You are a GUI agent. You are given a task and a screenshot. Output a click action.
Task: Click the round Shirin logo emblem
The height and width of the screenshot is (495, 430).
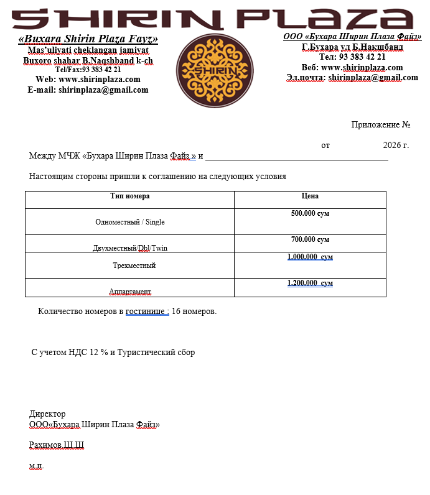(215, 70)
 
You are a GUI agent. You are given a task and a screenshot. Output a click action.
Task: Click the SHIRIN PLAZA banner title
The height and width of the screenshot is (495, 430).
(215, 18)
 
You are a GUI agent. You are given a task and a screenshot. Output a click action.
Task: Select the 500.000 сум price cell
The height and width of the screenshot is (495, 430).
(310, 213)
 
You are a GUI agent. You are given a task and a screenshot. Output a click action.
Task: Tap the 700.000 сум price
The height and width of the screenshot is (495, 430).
(310, 239)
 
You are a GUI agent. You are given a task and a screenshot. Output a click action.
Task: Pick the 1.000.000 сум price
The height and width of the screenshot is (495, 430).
(310, 257)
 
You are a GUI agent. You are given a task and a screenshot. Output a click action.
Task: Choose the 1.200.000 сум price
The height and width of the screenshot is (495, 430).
(310, 283)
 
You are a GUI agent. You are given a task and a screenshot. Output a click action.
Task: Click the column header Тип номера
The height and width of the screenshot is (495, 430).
(129, 196)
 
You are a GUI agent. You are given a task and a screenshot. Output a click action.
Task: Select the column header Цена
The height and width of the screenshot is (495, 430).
(310, 196)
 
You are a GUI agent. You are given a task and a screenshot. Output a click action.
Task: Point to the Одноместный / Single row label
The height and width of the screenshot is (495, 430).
(129, 222)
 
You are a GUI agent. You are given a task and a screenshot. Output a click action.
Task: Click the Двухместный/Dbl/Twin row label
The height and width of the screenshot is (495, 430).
(129, 248)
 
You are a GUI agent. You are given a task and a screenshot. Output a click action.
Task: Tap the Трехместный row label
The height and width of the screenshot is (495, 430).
(129, 266)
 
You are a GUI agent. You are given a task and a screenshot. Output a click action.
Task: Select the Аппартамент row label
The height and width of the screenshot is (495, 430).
(129, 291)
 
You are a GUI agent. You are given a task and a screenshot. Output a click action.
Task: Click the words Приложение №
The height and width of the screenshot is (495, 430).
(380, 124)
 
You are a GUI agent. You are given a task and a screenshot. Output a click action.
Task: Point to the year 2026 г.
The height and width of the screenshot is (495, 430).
(396, 146)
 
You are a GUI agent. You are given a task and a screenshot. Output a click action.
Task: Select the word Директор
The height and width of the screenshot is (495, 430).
(47, 414)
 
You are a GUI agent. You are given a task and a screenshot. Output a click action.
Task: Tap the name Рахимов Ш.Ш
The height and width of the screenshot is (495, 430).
(56, 445)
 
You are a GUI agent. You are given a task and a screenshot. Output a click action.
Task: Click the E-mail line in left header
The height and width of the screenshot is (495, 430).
(88, 90)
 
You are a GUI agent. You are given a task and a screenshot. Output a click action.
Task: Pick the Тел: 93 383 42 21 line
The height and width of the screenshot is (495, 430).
(352, 57)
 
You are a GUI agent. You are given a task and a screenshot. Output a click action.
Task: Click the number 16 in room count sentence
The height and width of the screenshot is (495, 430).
(175, 311)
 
